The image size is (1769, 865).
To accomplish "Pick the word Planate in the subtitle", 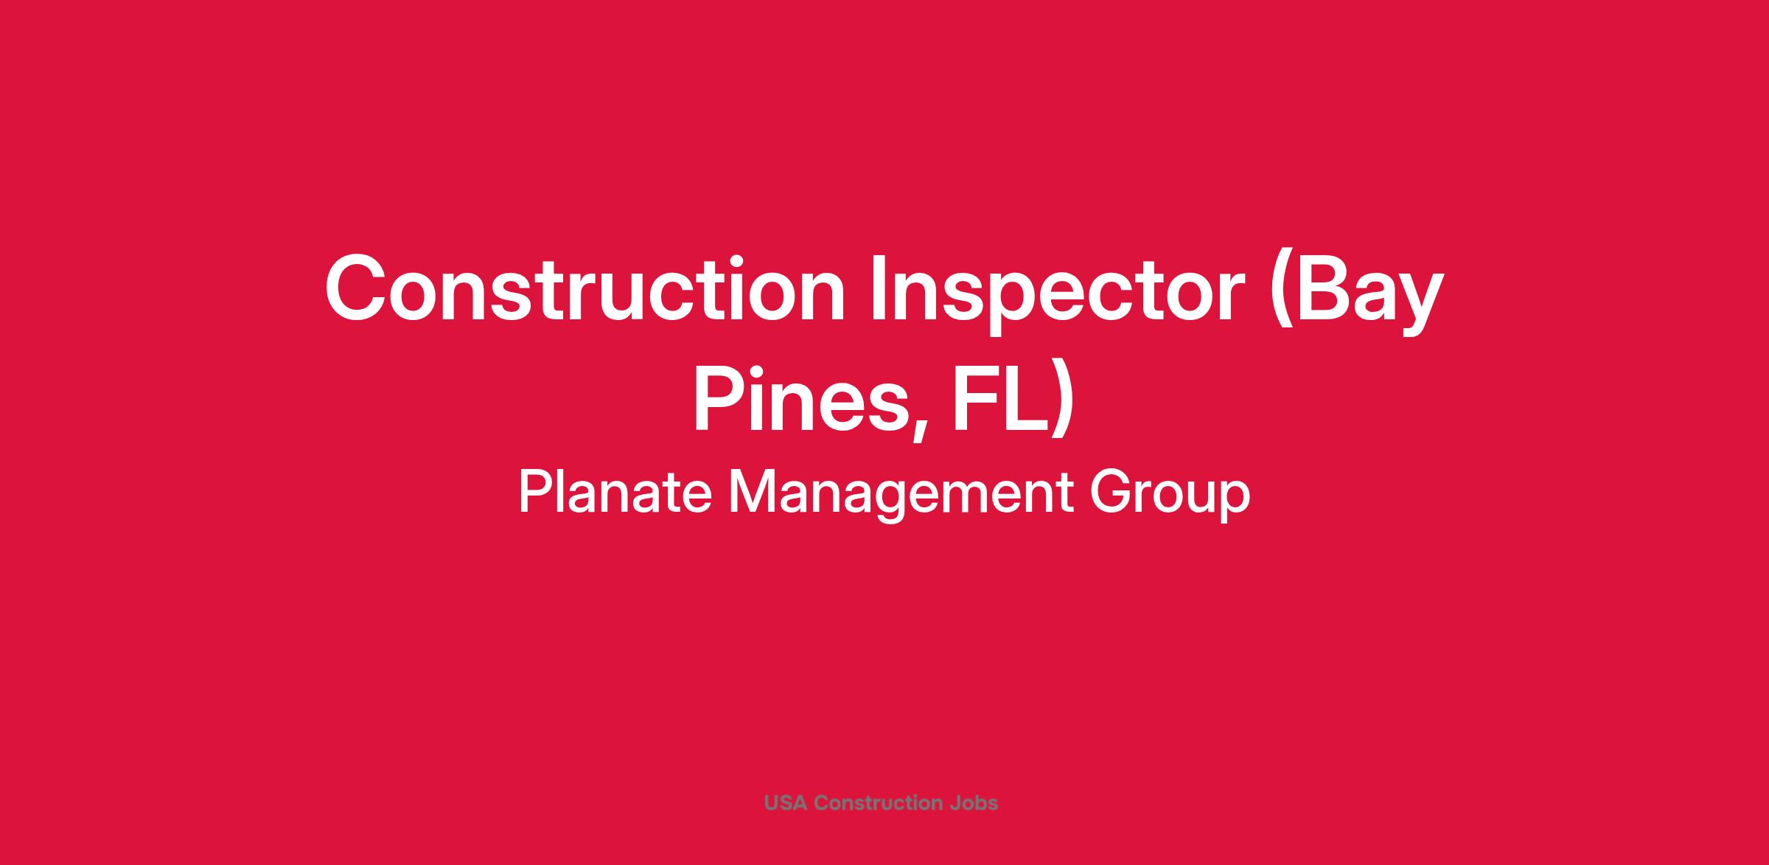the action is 615,492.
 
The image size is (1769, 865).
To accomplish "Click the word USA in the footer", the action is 786,803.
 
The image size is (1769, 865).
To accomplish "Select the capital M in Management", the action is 753,492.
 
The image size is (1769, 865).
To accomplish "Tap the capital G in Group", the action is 1111,492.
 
